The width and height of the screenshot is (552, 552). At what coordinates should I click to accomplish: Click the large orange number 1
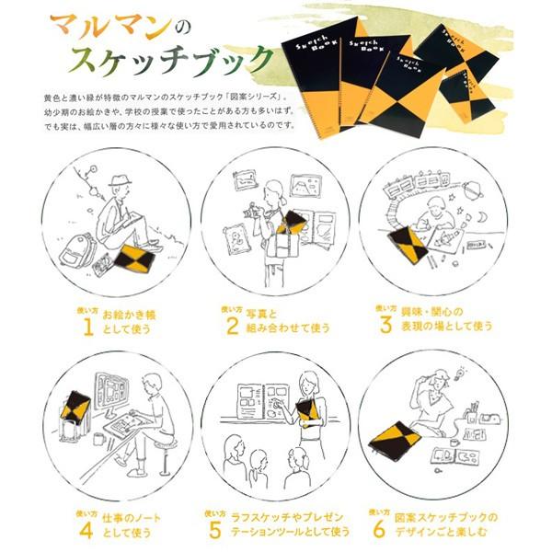tap(88, 326)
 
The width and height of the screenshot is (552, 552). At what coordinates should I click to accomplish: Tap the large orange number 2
tap(232, 324)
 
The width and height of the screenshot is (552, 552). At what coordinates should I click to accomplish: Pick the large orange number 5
tap(215, 529)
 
